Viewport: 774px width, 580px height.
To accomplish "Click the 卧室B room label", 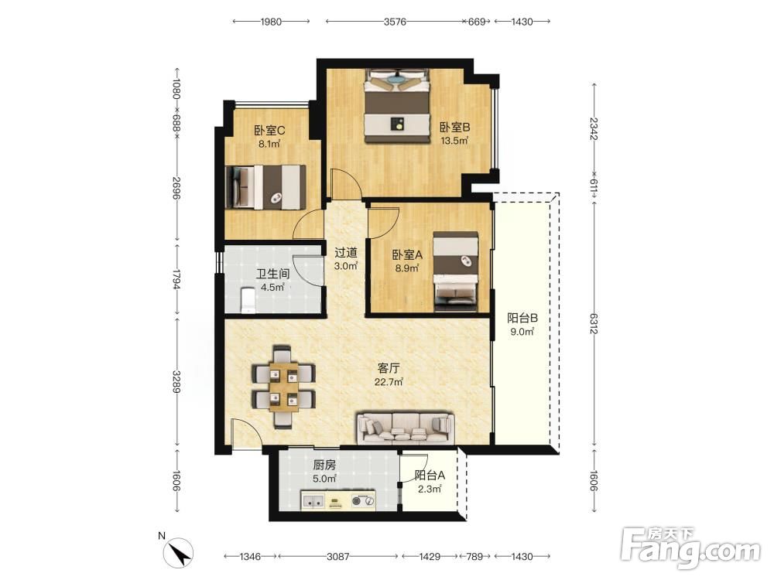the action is point(454,128).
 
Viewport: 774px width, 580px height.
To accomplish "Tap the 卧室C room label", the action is point(269,131).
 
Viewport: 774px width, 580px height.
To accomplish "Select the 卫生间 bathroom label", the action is point(272,274).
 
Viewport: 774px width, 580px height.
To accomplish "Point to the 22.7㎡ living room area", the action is point(389,382).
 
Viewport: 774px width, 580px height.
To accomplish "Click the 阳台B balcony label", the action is point(522,318).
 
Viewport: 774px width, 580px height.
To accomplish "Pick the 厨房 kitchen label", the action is point(324,465).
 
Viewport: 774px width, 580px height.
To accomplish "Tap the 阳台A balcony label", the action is point(430,476).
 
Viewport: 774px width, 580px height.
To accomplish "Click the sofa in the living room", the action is point(406,427).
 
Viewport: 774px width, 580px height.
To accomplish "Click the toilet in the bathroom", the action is point(248,300).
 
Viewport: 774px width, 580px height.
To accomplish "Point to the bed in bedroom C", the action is point(265,187).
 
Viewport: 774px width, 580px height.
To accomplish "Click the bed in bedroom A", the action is point(456,271).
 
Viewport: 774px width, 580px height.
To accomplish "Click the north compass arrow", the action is point(180,551).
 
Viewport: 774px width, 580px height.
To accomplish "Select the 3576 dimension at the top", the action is point(395,22).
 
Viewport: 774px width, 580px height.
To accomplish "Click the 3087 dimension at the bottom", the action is point(338,556).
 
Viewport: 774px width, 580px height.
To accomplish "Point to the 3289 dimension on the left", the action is point(176,382).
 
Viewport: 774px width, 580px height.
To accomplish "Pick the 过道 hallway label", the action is point(345,253).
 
